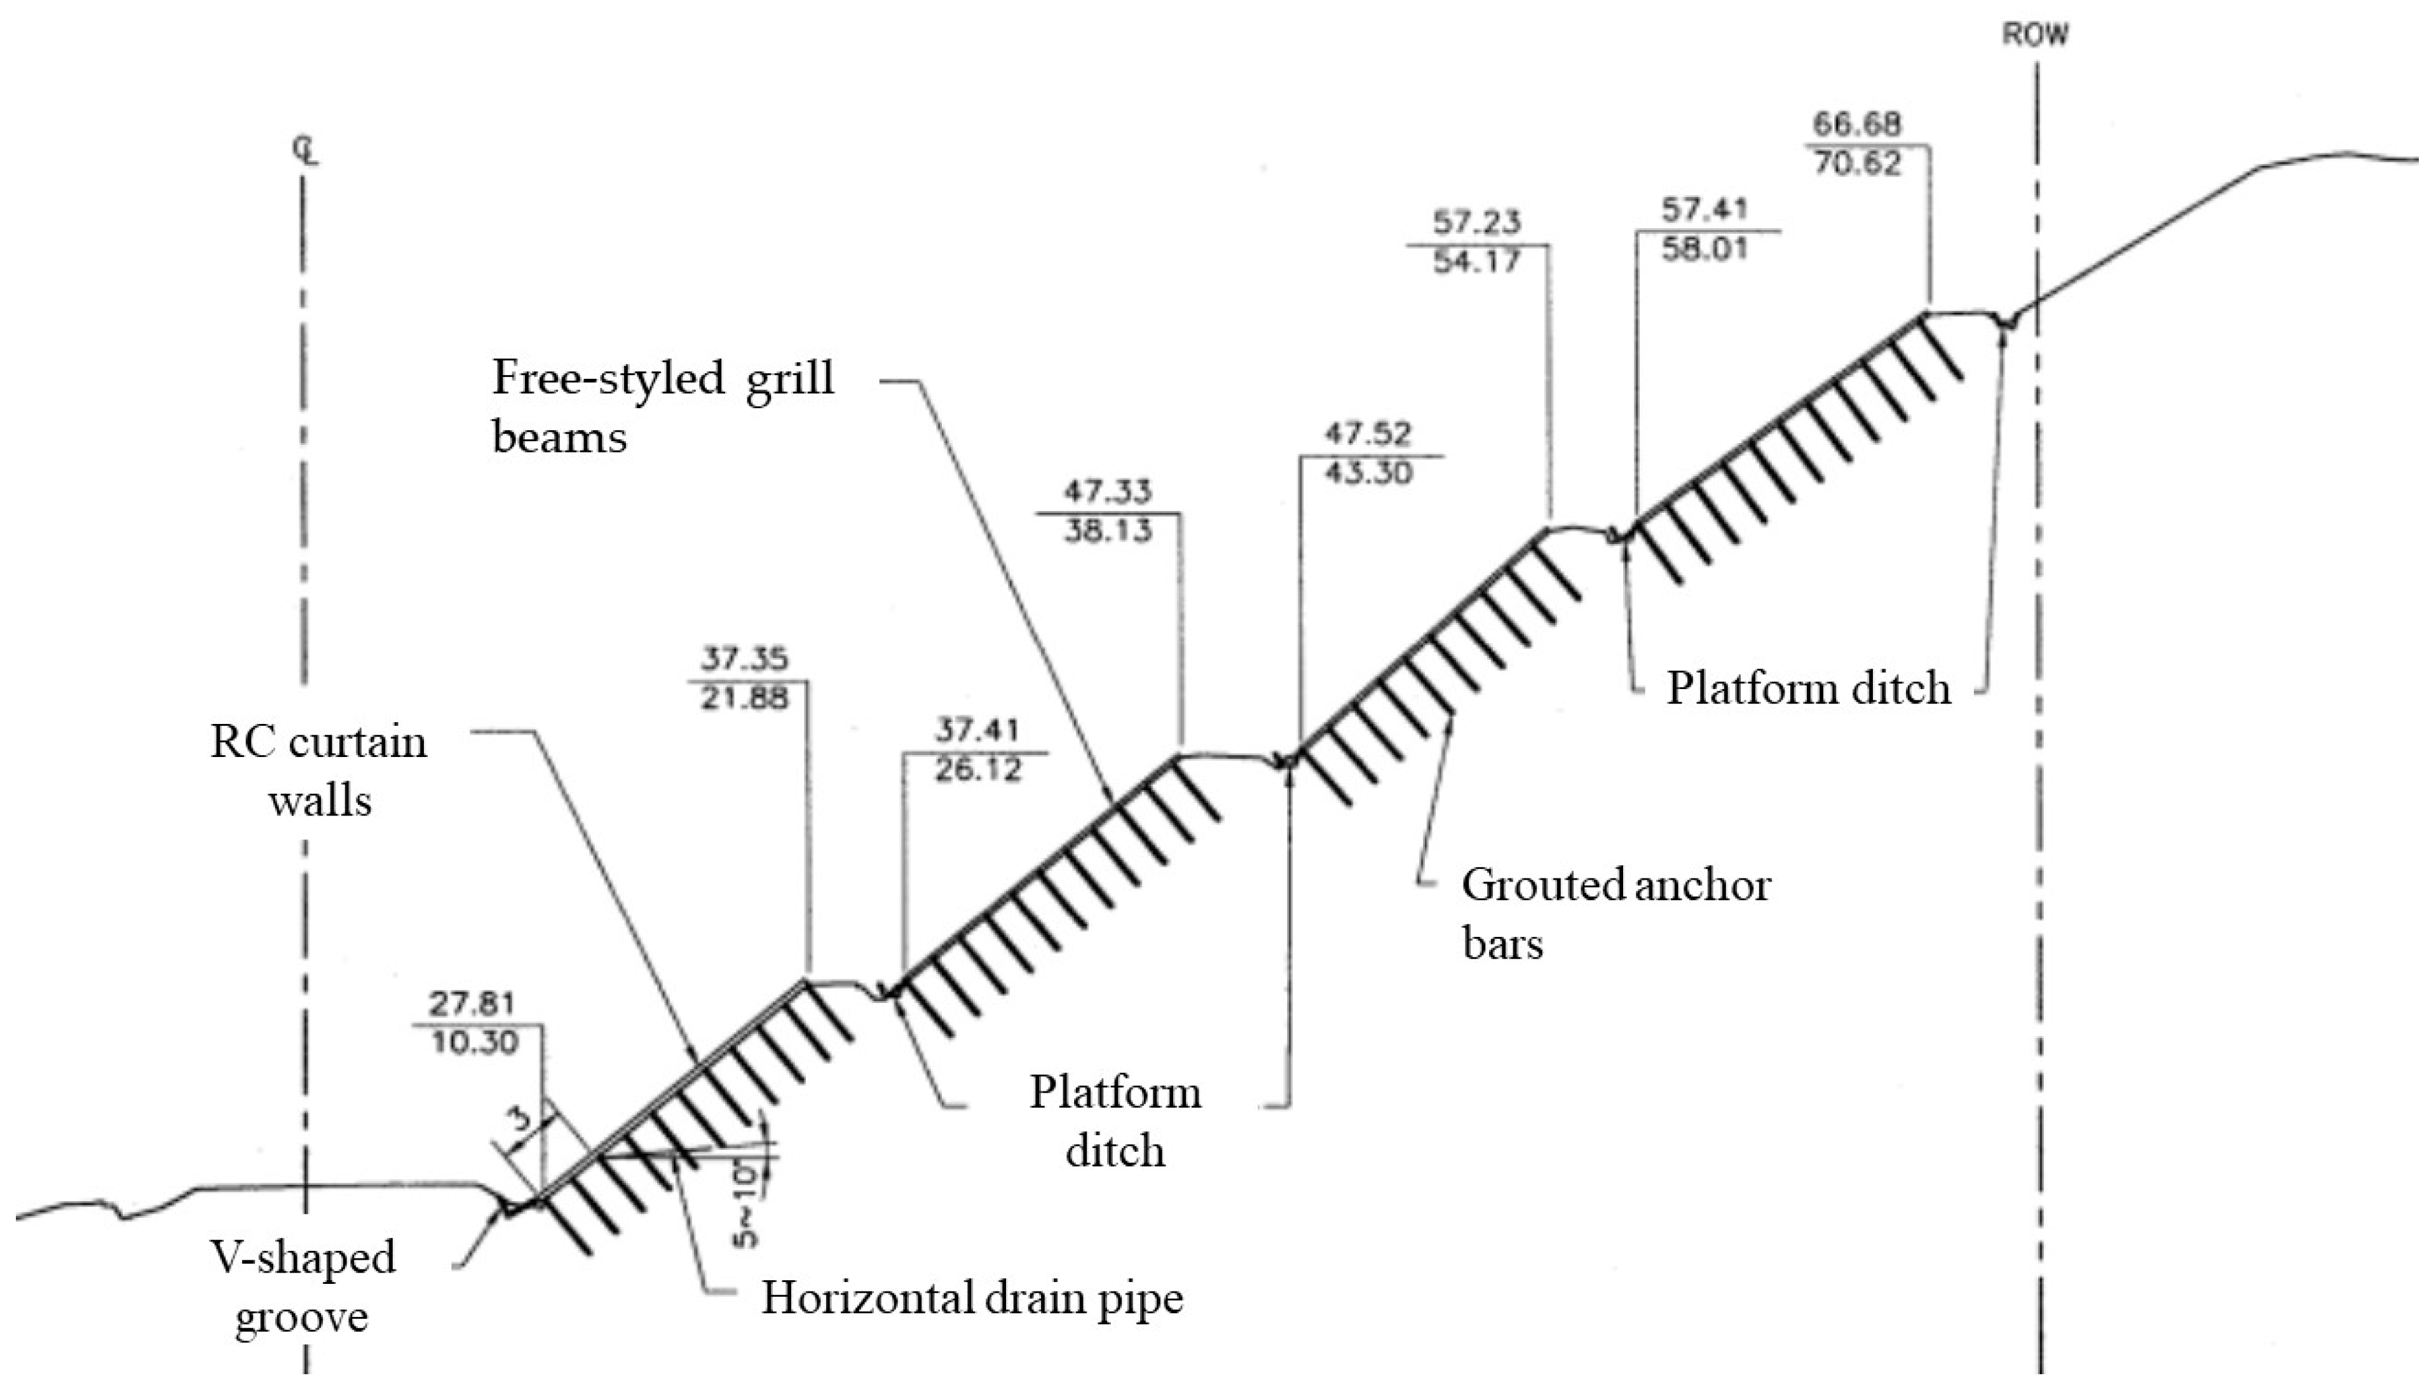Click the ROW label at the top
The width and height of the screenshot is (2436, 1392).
click(x=2034, y=36)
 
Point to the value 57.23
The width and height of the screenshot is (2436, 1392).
click(x=1476, y=222)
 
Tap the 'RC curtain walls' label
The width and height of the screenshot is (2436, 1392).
click(x=318, y=770)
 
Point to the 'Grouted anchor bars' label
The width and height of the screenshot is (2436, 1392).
click(x=1615, y=914)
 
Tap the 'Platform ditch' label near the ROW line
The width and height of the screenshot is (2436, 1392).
click(x=1808, y=688)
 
